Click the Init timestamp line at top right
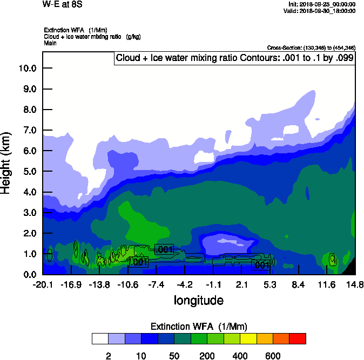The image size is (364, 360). coord(322,4)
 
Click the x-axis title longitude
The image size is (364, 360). coord(198,300)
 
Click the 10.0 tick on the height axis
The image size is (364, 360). coord(27,68)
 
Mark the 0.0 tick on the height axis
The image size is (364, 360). coord(29,274)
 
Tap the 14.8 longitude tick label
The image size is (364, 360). coord(354,284)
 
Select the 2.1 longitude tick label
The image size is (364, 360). coord(241,284)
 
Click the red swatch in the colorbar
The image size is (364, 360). coord(298,338)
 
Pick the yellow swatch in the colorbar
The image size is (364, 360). coord(248,338)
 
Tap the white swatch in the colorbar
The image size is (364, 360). coord(100,338)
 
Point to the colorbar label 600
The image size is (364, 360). coord(273,356)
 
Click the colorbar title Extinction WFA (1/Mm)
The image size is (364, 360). coord(198,326)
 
